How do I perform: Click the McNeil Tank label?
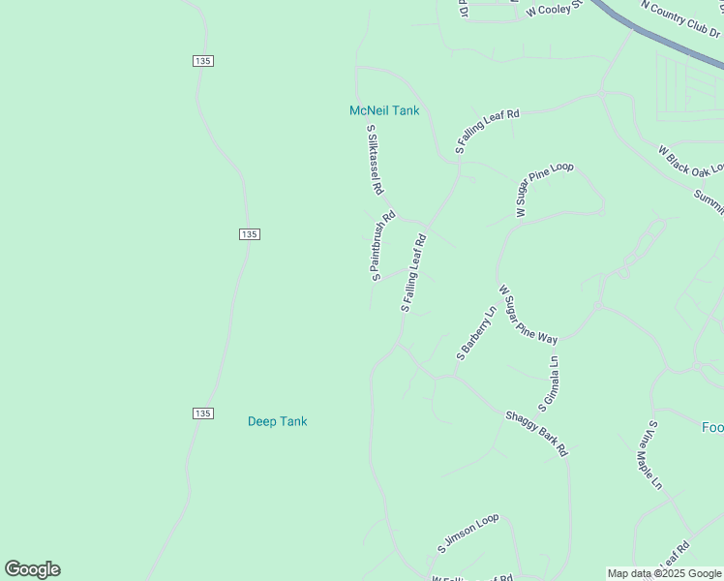(384, 110)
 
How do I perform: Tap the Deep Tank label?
(277, 421)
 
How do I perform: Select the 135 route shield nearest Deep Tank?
(201, 413)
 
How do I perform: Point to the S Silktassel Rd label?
(376, 160)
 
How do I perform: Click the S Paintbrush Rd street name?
(382, 246)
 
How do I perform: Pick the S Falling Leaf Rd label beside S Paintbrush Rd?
(413, 272)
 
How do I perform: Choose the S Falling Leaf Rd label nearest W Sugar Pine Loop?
(487, 132)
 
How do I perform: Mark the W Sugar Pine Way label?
(528, 314)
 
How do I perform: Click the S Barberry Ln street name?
(475, 333)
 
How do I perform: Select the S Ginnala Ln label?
(550, 380)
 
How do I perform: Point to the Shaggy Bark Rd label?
(536, 433)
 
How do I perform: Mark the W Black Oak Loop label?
(690, 161)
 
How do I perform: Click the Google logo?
(33, 569)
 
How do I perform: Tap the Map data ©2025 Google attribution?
(664, 573)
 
